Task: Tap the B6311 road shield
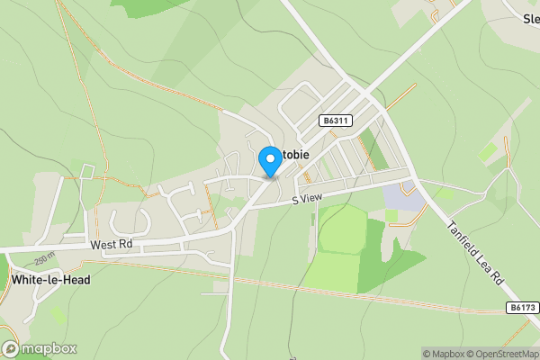334,120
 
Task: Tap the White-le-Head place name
51,280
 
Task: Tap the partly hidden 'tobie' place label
295,155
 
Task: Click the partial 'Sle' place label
530,17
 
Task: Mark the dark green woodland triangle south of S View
393,267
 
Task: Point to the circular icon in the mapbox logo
11,348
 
